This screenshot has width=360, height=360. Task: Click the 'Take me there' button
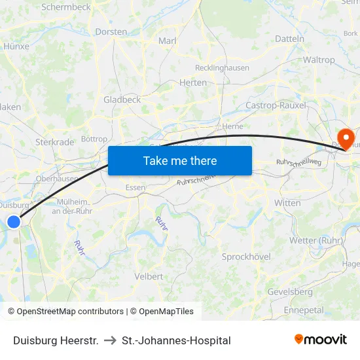pos(179,160)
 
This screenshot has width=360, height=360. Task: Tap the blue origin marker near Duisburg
pos(14,222)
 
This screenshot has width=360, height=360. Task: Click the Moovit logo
pos(320,340)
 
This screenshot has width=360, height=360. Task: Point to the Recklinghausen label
pos(222,67)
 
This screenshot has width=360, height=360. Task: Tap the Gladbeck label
pos(122,99)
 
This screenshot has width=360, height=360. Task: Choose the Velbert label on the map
pos(149,276)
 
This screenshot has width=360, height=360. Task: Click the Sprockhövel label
pos(246,257)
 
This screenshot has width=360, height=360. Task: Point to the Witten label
pos(287,203)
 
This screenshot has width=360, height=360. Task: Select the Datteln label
pos(289,39)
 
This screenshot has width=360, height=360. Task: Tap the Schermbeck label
pos(66,7)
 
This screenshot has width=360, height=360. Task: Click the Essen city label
pos(135,187)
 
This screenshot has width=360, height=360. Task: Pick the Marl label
pos(168,41)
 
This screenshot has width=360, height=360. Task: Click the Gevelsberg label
pos(290,291)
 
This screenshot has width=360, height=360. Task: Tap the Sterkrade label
pos(54,142)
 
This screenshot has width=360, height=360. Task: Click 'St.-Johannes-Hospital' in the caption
pos(176,340)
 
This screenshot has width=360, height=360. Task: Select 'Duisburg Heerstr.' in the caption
pos(56,340)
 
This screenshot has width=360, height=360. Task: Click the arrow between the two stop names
pos(110,340)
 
